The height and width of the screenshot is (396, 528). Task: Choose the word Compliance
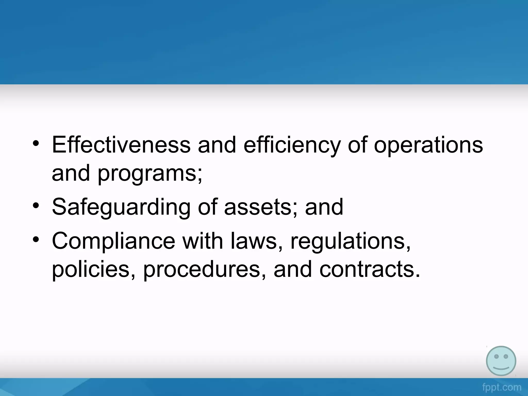coord(113,241)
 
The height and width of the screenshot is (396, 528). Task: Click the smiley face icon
coord(501,361)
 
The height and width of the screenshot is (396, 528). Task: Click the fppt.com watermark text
coord(501,387)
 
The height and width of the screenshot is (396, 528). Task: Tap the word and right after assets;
coord(324,207)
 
